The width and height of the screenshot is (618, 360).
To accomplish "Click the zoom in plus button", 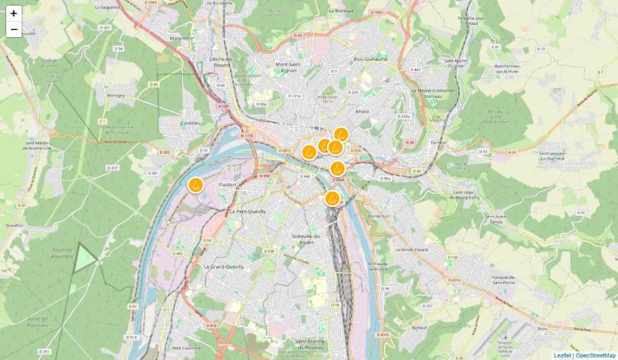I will [x=14, y=13].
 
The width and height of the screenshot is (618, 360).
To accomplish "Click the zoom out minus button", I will [x=14, y=30].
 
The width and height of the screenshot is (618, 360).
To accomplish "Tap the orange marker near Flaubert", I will [x=195, y=185].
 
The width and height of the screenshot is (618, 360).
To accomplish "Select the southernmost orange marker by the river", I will [x=331, y=198].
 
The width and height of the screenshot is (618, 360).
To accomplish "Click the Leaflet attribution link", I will [x=562, y=355].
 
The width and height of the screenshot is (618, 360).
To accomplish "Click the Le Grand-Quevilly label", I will [x=223, y=267].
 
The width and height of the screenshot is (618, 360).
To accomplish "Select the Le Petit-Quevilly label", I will [x=245, y=212].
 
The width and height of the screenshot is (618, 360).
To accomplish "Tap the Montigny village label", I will [x=115, y=95].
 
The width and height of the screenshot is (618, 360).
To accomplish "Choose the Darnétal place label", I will [x=438, y=142].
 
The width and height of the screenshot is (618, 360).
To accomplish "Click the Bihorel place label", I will [x=363, y=110].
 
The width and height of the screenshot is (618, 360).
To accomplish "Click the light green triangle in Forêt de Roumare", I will [x=86, y=257].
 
